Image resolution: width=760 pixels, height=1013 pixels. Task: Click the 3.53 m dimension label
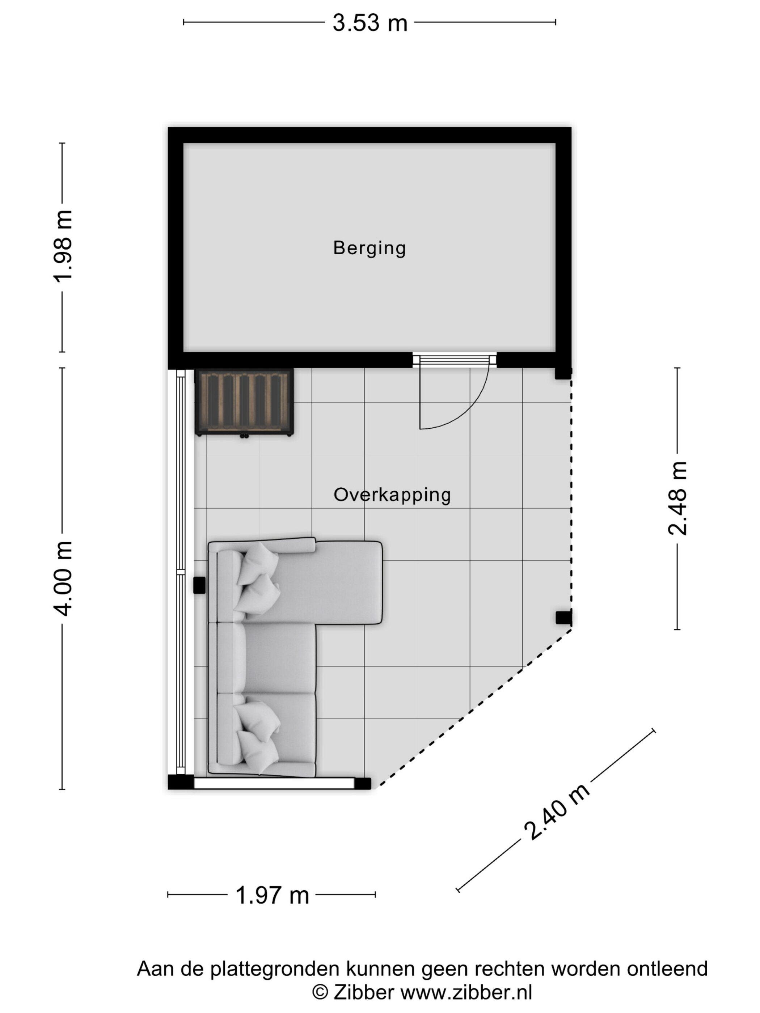[x=370, y=23]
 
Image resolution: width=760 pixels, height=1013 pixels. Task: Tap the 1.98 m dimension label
[x=63, y=246]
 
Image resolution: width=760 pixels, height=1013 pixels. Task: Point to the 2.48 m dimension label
[x=677, y=499]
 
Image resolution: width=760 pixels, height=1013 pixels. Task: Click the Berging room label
[x=369, y=248]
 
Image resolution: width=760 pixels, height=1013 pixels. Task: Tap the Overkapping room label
[x=392, y=495]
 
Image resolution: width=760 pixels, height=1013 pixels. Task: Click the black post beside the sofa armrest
[x=199, y=585]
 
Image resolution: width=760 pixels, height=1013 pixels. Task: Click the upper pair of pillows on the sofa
[x=257, y=580]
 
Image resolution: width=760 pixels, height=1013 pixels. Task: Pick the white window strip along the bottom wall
[x=274, y=784]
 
